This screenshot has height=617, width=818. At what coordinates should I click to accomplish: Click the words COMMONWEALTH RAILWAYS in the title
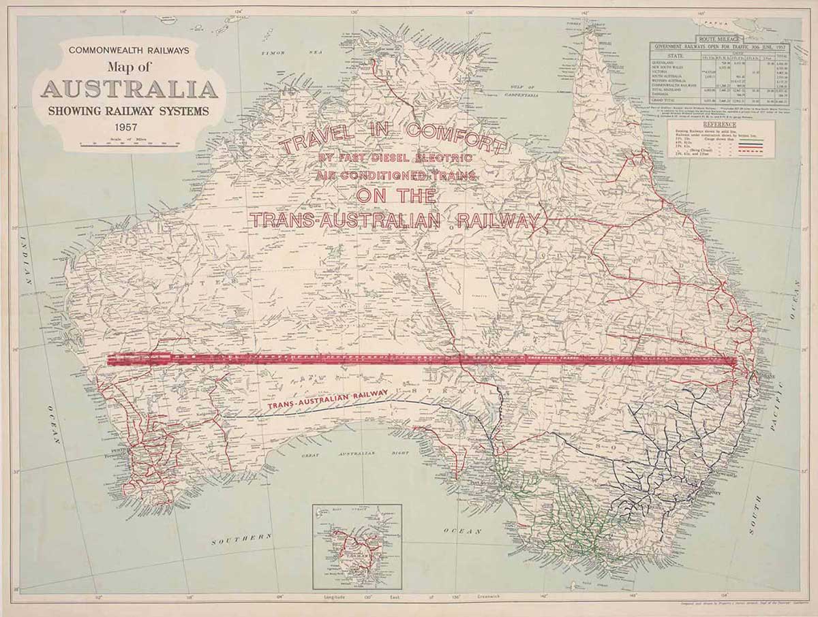coord(128,50)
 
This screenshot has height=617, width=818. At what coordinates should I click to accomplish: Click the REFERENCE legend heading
coord(721,125)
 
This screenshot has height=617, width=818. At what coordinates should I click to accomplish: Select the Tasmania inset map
coord(357,547)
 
